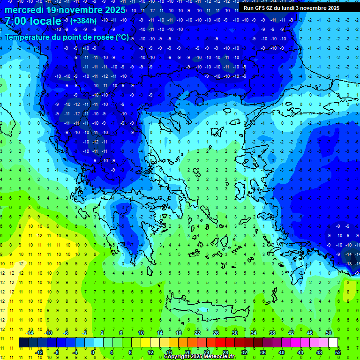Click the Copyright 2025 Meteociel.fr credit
[x=199, y=357]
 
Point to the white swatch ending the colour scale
[x=333, y=343]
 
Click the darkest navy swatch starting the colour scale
[x=23, y=343]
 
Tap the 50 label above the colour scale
[x=328, y=333]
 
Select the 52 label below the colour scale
[x=337, y=352]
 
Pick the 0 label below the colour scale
[x=93, y=352]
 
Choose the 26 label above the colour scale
[x=216, y=333]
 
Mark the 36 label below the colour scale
[x=263, y=352]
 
